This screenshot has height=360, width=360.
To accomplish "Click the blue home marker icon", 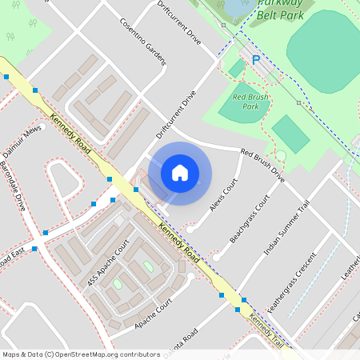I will (180, 173).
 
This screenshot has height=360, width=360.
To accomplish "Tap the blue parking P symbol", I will (256, 59).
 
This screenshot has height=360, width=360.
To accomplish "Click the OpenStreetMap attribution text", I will (81, 354).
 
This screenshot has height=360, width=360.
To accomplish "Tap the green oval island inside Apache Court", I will (148, 266).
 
